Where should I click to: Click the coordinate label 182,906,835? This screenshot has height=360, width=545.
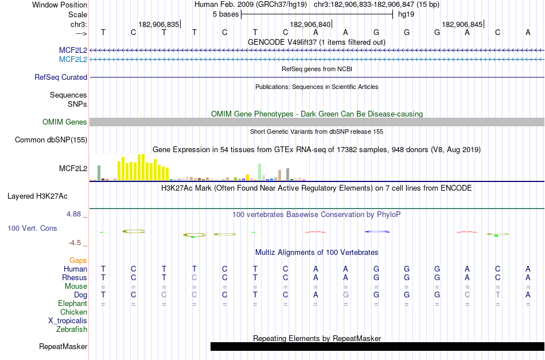[x=159, y=24]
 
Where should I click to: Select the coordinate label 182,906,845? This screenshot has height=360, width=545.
[x=462, y=24]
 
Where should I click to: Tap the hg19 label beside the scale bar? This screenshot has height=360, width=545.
[x=406, y=14]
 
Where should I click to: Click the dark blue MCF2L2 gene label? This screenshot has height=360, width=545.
[x=73, y=51]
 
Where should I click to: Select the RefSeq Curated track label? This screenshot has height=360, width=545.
[x=61, y=77]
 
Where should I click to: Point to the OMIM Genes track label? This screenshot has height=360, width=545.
[x=65, y=122]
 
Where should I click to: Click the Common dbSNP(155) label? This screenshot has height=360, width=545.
[x=51, y=140]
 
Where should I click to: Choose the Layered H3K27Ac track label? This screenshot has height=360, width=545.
[x=37, y=196]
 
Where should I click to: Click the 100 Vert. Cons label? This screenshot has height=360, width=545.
[x=32, y=228]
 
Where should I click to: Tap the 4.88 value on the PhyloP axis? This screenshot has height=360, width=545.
[x=76, y=214]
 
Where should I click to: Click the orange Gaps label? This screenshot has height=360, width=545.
[x=78, y=260]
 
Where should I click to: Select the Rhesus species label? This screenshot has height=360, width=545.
[x=75, y=277]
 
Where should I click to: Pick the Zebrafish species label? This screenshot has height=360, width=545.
[x=72, y=329]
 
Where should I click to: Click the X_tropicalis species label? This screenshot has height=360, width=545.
[x=68, y=320]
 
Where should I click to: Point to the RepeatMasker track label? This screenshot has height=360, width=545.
[x=63, y=346]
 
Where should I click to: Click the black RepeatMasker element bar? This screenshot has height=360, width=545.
[x=377, y=346]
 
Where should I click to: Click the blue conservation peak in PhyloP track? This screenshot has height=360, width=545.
[x=377, y=231]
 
